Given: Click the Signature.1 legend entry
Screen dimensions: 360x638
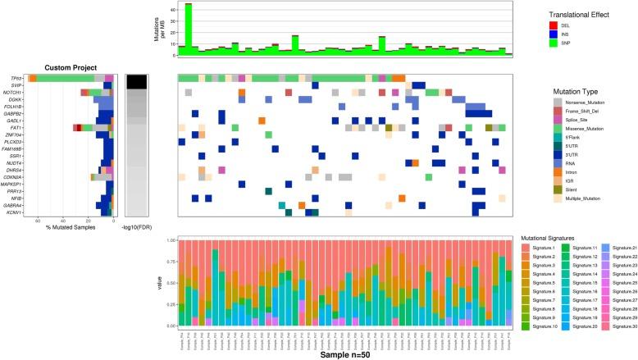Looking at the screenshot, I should click(541, 248).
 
